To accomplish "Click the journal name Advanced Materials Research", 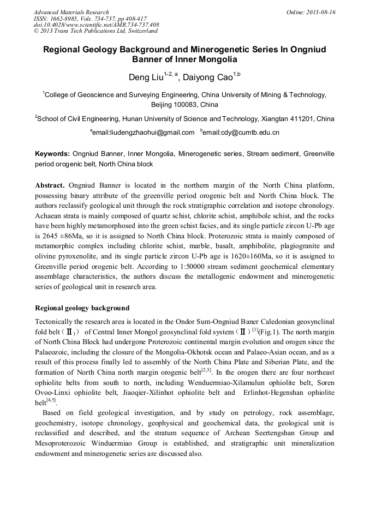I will [71, 12].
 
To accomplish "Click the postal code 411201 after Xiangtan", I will [295, 118].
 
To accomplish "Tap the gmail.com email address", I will [144, 133].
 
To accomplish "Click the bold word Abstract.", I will [50, 185].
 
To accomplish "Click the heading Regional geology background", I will [82, 308].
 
